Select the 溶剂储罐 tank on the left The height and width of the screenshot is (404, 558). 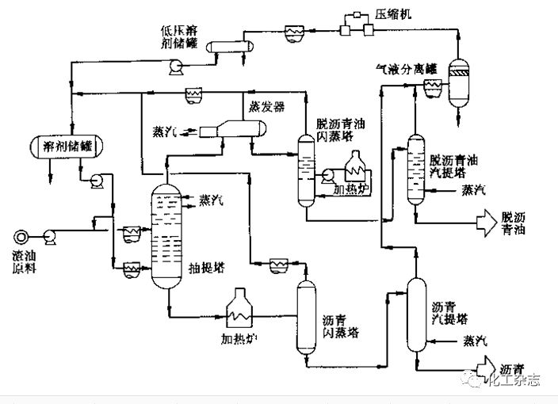(61, 146)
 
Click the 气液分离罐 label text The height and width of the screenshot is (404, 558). (406, 68)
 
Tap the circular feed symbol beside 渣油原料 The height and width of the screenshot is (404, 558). (21, 235)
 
